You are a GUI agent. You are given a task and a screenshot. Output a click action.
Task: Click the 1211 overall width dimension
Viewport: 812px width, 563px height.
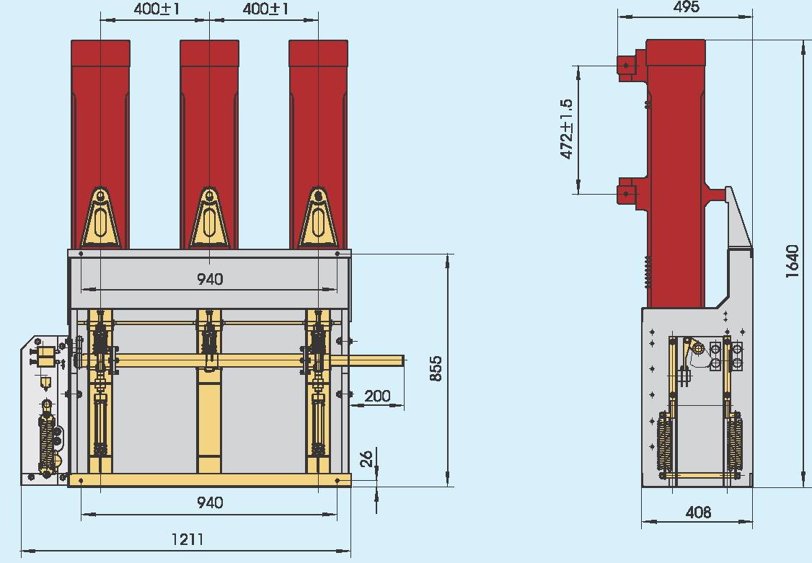click(x=187, y=539)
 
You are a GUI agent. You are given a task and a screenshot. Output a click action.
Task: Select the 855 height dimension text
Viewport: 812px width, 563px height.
click(x=436, y=368)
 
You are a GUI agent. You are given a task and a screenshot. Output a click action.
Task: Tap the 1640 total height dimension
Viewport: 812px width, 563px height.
click(x=793, y=262)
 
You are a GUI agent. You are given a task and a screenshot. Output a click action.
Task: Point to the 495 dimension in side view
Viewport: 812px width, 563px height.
click(x=687, y=6)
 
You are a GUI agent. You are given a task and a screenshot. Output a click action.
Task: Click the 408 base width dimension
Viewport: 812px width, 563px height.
click(x=697, y=513)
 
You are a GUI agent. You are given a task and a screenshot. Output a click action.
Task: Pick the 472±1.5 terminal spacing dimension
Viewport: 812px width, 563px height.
click(x=567, y=129)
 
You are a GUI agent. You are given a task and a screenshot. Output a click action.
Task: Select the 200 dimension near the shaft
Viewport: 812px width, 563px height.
click(x=378, y=396)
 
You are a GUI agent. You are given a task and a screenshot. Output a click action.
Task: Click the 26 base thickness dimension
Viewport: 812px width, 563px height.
click(x=366, y=458)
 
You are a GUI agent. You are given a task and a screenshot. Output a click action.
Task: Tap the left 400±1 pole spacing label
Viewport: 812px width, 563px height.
click(x=156, y=9)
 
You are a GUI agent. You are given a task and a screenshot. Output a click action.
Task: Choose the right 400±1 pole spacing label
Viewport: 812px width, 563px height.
click(x=265, y=9)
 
